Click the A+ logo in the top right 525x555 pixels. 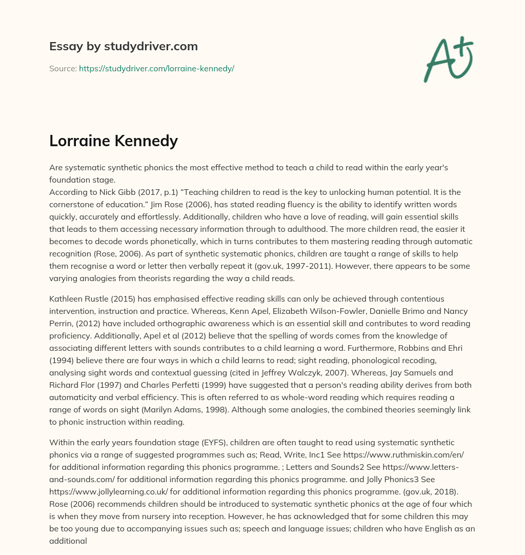[x=448, y=59]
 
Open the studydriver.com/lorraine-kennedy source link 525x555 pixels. [x=156, y=68]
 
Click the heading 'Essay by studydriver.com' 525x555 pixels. [x=123, y=46]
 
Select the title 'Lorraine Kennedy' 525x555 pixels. [x=113, y=141]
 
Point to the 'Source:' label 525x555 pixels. [x=63, y=68]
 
